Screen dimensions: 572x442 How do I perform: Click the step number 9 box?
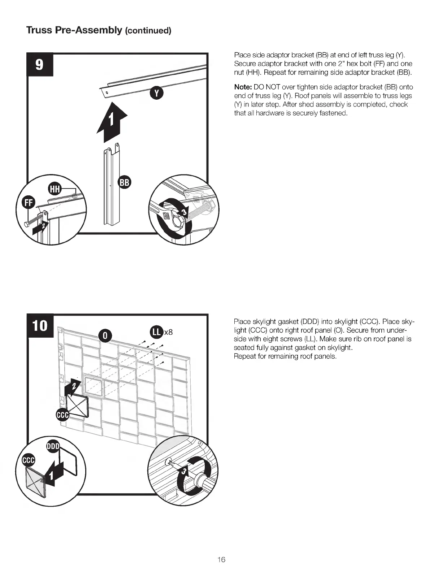pyautogui.click(x=40, y=64)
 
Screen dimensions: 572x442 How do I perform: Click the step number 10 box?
pyautogui.click(x=40, y=326)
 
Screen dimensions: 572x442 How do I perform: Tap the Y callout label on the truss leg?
pyautogui.click(x=156, y=93)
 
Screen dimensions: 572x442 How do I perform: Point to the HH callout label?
pyautogui.click(x=55, y=189)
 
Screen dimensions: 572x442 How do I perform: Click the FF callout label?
pyautogui.click(x=28, y=203)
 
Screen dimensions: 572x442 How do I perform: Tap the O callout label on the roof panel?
pyautogui.click(x=105, y=335)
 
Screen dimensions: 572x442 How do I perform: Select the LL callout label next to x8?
pyautogui.click(x=156, y=332)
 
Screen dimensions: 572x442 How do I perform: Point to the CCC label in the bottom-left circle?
pyautogui.click(x=29, y=460)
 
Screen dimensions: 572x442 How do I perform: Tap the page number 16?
pyautogui.click(x=221, y=560)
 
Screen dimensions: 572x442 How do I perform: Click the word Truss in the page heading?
pyautogui.click(x=39, y=30)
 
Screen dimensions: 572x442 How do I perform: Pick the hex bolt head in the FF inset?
pyautogui.click(x=27, y=225)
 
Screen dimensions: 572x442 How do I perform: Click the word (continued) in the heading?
pyautogui.click(x=148, y=30)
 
